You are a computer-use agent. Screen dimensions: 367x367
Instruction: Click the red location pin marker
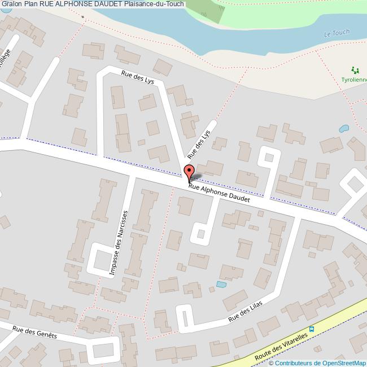point(189,172)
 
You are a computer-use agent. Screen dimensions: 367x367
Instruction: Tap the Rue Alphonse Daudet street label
point(219,193)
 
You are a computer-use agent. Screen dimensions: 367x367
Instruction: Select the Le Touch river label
point(337,34)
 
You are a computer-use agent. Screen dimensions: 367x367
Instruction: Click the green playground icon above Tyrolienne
point(355,70)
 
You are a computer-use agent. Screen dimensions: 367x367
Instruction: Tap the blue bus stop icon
point(311,329)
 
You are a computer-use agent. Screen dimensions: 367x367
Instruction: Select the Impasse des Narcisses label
point(119,243)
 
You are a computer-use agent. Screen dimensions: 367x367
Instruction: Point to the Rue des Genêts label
point(34,331)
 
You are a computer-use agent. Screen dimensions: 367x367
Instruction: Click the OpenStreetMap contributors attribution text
point(320,363)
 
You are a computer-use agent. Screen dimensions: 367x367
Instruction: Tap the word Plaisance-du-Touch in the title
point(154,4)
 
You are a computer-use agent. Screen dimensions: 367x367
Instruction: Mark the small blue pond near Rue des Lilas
point(221,284)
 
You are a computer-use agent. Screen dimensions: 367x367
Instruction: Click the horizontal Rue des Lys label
point(137,77)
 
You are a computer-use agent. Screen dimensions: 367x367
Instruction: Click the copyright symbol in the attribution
point(271,363)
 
